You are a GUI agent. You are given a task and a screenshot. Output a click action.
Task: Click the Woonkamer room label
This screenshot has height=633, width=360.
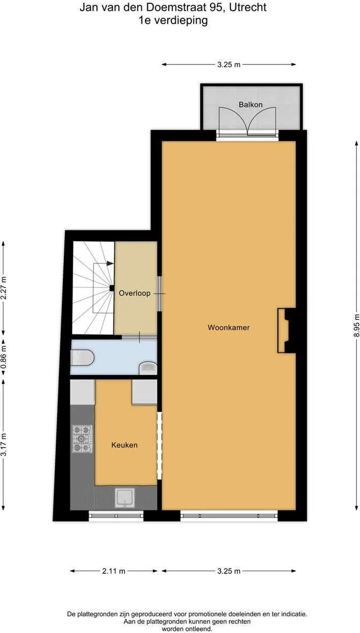click(228, 327)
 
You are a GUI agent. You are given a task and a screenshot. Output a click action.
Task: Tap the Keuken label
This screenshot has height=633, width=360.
click(124, 445)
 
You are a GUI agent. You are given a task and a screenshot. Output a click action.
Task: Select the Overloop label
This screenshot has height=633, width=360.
click(134, 293)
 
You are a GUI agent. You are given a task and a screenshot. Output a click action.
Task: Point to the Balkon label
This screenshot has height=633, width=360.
click(250, 105)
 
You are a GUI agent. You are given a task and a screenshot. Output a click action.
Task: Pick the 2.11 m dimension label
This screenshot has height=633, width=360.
click(114, 571)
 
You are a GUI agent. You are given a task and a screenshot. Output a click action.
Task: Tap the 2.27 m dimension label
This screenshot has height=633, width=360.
click(4, 287)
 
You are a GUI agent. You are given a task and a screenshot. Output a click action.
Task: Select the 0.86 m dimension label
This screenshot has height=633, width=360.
click(4, 357)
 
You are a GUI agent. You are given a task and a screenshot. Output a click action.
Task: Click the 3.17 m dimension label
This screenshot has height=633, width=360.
click(4, 444)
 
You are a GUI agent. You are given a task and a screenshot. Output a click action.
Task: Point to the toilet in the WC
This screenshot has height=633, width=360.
click(82, 357)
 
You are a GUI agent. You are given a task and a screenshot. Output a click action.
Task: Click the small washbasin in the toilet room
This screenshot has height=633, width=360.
click(148, 368)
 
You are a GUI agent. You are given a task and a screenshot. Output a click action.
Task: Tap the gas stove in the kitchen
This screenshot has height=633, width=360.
click(82, 438)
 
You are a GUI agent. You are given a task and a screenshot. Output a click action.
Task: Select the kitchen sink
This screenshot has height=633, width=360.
click(126, 498)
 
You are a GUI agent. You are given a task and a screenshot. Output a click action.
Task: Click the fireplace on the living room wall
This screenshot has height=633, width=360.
click(286, 330)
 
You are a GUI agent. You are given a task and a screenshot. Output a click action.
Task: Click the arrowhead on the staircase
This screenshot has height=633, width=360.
click(110, 263)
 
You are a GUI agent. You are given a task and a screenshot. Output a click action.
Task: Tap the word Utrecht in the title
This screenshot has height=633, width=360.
click(251, 8)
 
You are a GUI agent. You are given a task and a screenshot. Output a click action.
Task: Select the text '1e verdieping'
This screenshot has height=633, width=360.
click(173, 20)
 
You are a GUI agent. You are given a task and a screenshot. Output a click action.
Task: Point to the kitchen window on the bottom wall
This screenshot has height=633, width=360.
click(116, 515)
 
